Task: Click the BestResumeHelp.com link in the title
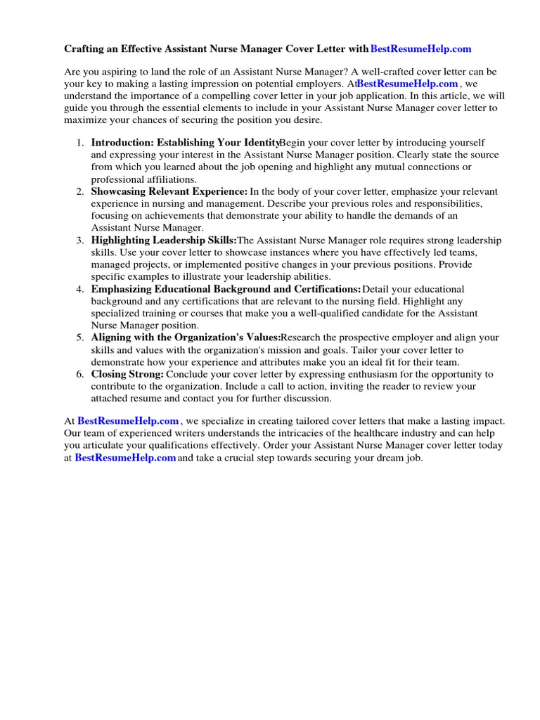(x=420, y=49)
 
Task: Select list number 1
(x=80, y=143)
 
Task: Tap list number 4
(x=80, y=289)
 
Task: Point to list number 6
(x=80, y=374)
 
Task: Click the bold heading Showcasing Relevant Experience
(x=169, y=191)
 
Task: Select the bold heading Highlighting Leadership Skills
(x=164, y=240)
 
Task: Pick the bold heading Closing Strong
(x=127, y=374)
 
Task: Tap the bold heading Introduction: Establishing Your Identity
(x=186, y=143)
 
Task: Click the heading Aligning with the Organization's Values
(x=186, y=337)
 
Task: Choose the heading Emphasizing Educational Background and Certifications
(x=226, y=289)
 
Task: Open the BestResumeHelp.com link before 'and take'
(x=125, y=458)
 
